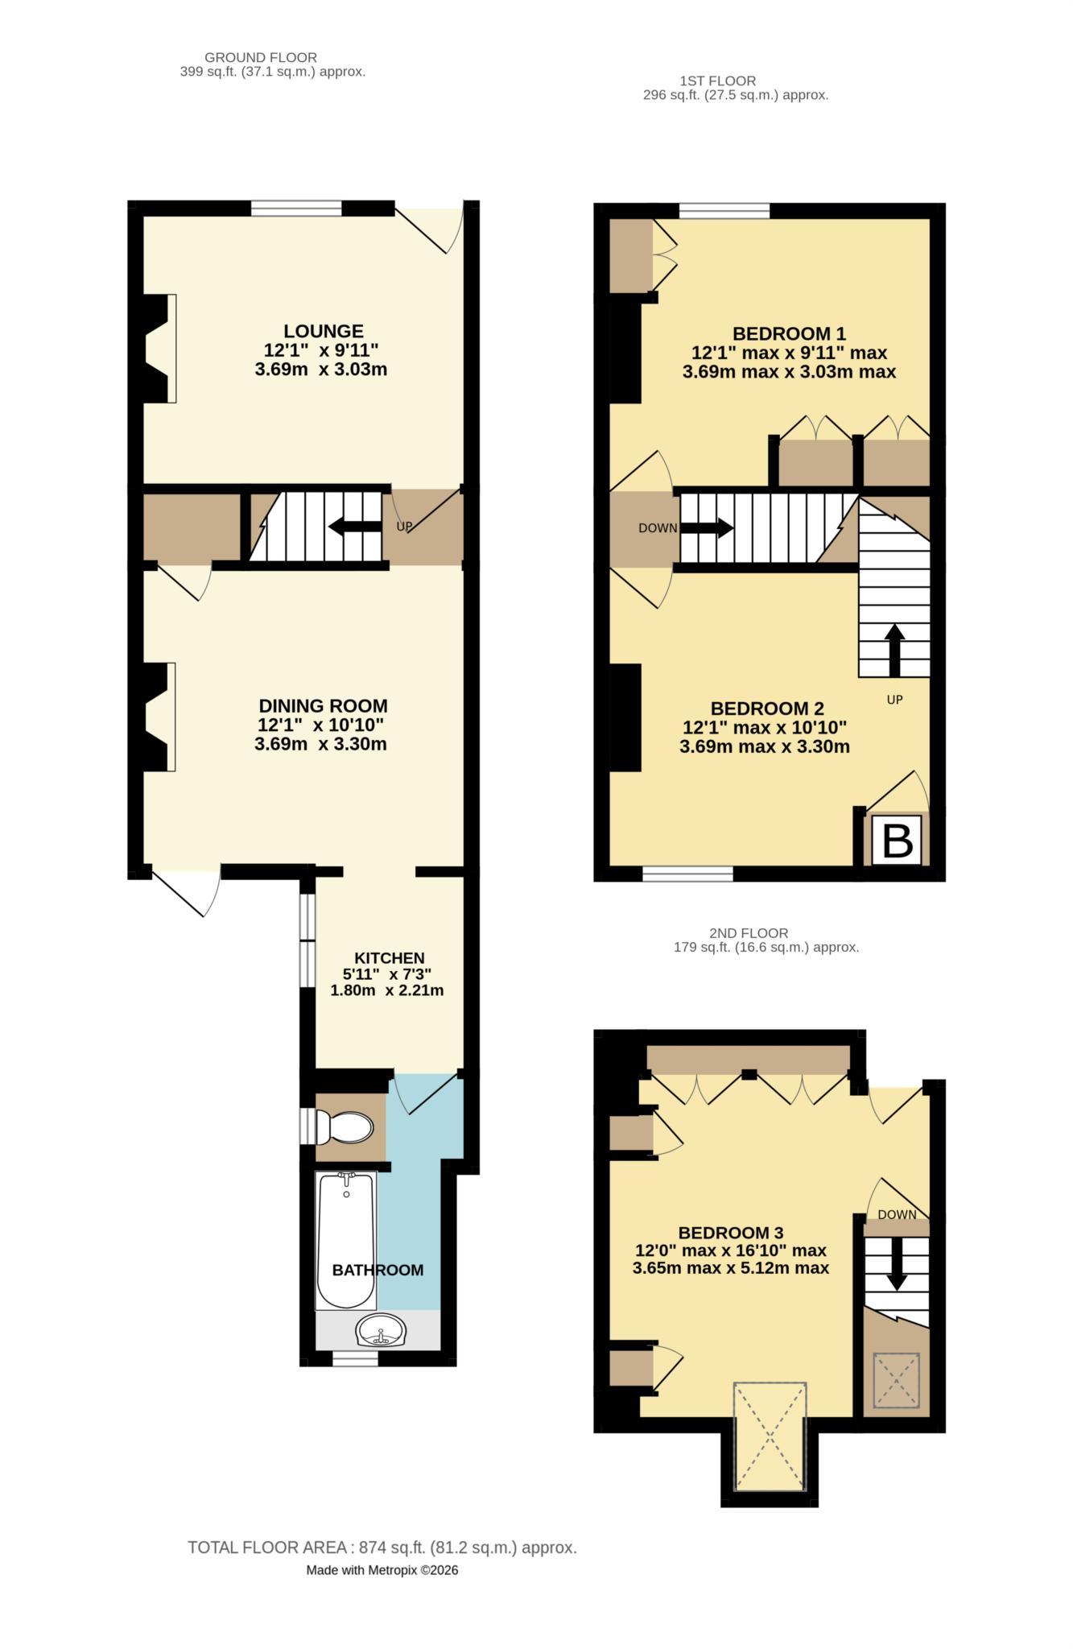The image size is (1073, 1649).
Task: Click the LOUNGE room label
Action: [324, 331]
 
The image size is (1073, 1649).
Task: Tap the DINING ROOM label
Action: [323, 706]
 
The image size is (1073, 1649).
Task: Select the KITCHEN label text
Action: [390, 958]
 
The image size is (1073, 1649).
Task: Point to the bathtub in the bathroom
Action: [346, 1240]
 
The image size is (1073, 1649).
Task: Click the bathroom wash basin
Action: [381, 1330]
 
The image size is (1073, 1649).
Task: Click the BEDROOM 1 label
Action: [789, 333]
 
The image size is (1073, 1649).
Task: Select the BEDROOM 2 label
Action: [767, 709]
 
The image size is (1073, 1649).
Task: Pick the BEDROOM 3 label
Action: [731, 1233]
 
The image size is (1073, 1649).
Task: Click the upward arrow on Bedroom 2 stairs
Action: [894, 649]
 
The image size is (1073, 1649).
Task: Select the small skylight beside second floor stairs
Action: [897, 1380]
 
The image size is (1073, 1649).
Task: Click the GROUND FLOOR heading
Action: [261, 58]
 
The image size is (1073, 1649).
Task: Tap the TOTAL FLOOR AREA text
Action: [382, 1548]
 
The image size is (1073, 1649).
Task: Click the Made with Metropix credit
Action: [382, 1570]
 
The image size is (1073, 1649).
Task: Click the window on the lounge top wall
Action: [296, 209]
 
